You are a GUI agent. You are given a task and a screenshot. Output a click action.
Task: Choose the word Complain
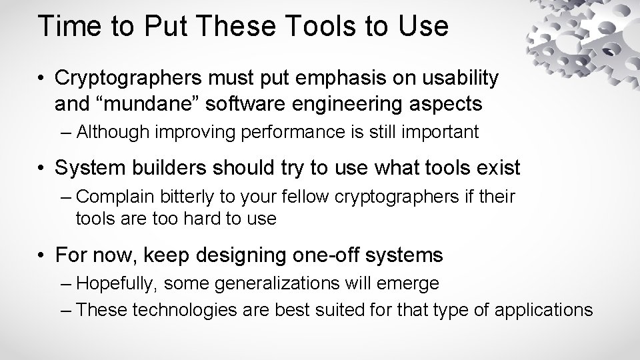coord(117,198)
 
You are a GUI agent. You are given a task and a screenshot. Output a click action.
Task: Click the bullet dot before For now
coord(42,255)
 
